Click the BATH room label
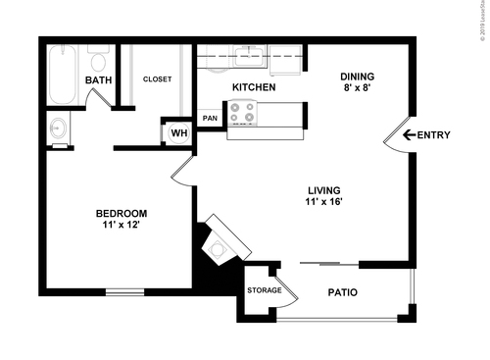97,80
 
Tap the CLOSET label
157,79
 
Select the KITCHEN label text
253,88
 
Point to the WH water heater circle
179,132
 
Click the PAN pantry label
210,119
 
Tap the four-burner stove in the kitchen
242,117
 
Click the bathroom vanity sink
57,129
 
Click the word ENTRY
433,135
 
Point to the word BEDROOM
121,214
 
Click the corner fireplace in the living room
218,246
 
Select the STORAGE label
265,290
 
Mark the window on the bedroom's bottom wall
124,290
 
